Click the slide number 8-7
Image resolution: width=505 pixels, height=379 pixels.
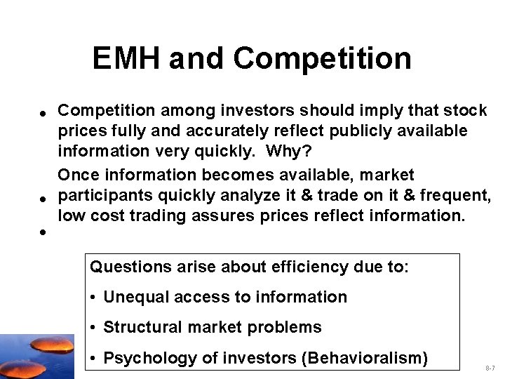tap(490, 368)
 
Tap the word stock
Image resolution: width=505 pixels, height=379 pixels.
tap(464, 111)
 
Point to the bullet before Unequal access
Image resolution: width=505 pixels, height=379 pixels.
tap(94, 298)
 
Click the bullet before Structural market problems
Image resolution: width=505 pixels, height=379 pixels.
tap(94, 328)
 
